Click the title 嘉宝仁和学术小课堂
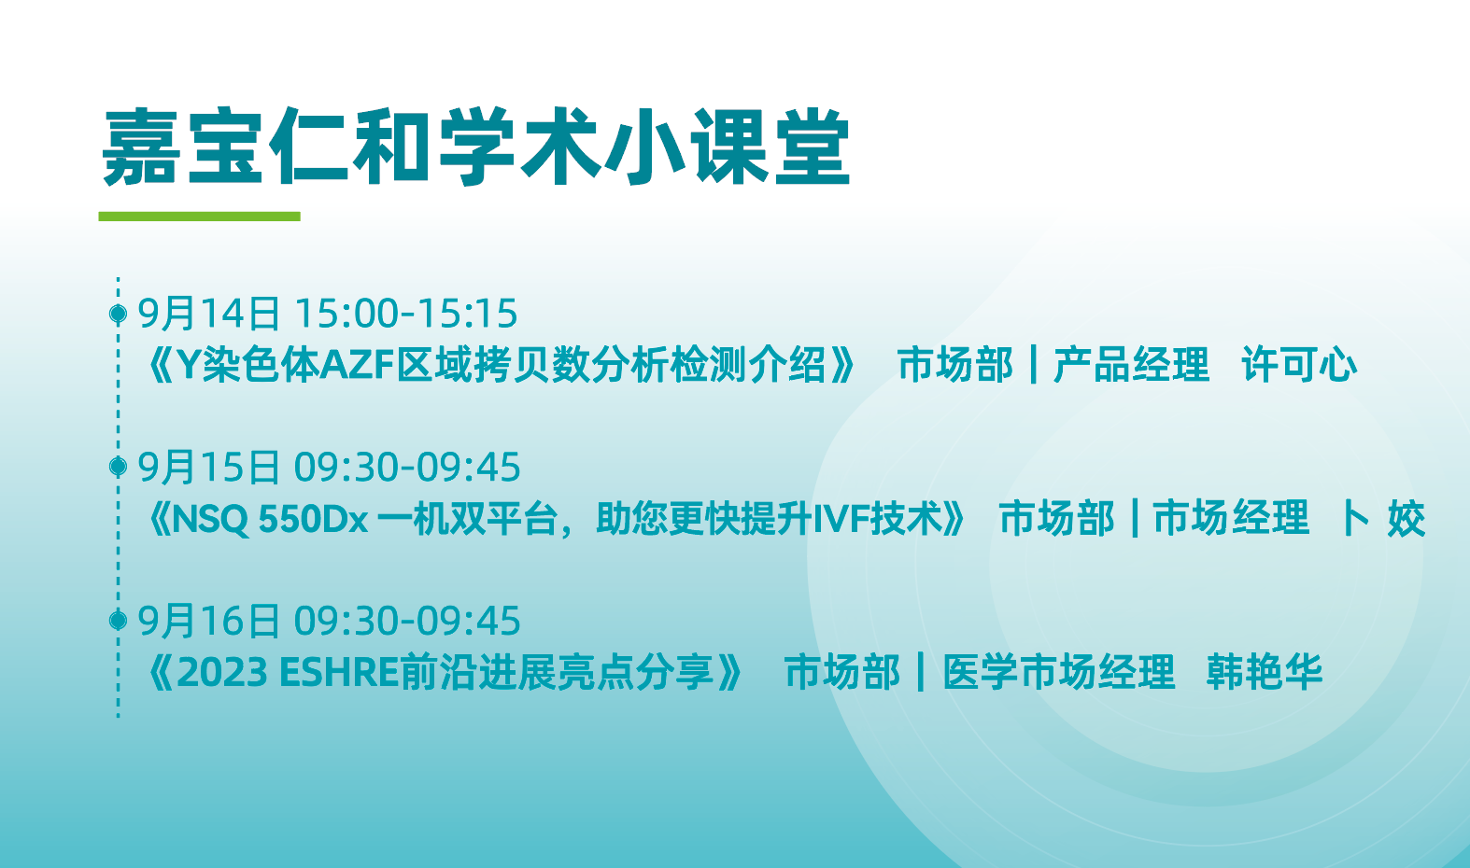point(476,147)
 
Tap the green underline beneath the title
point(200,217)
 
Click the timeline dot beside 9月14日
point(118,314)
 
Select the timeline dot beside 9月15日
point(118,466)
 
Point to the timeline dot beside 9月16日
point(118,620)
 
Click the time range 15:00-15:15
point(406,314)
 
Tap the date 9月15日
point(208,468)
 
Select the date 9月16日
point(208,621)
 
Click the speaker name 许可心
point(1299,365)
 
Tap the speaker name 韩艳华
point(1264,672)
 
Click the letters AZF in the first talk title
point(357,365)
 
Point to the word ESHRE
point(339,673)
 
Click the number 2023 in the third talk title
point(222,673)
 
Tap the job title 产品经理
point(1131,365)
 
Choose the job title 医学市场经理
point(1058,672)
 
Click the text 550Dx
point(313,519)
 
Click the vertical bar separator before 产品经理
point(1034,365)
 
